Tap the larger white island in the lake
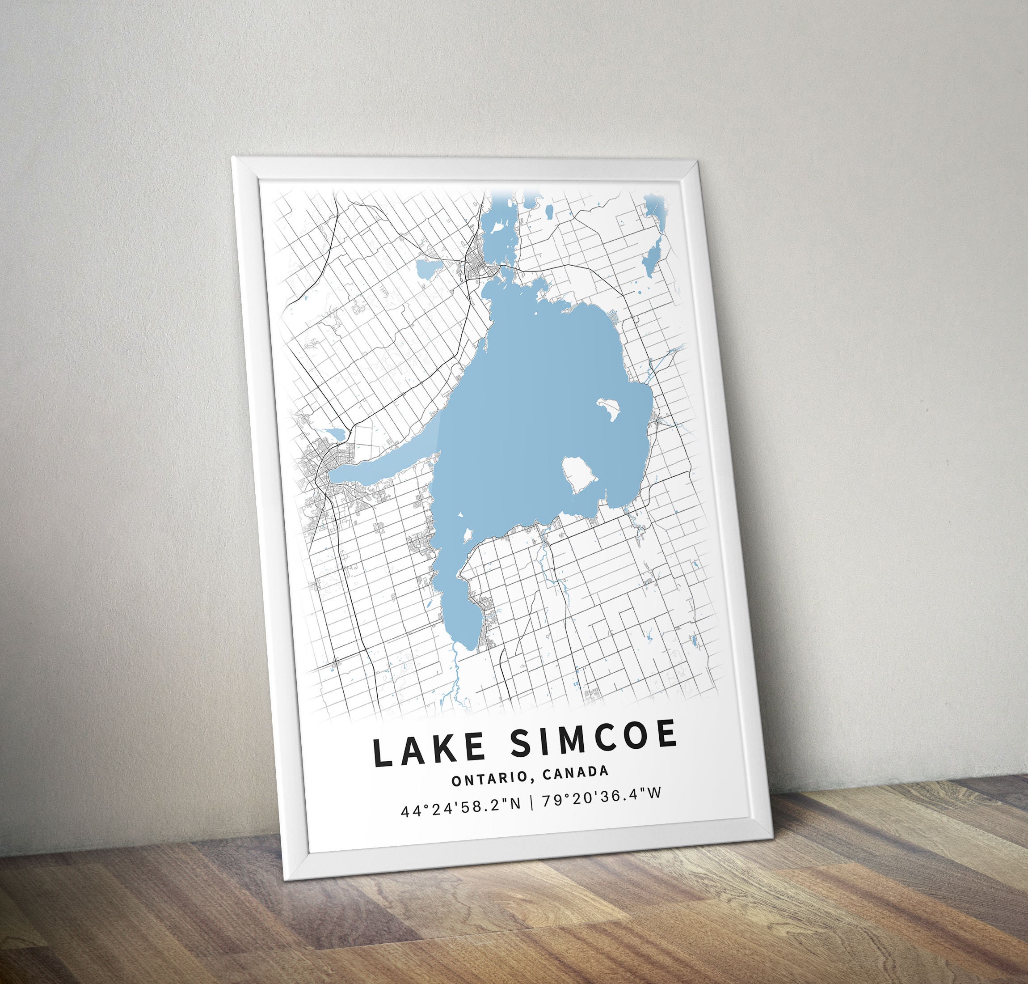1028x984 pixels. click(579, 475)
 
